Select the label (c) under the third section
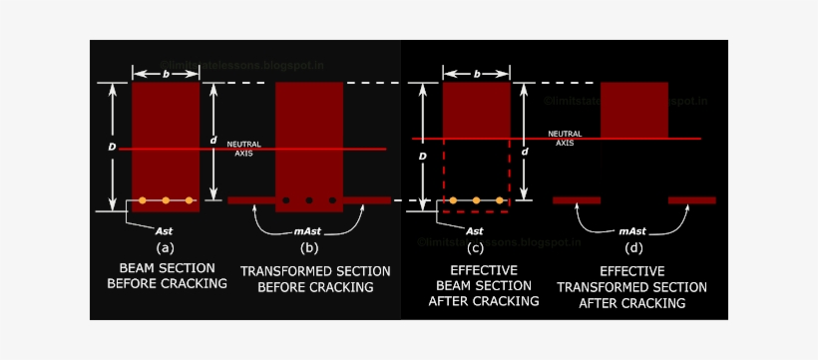pyautogui.click(x=475, y=247)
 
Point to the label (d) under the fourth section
pyautogui.click(x=633, y=247)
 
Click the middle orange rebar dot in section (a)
pyautogui.click(x=166, y=200)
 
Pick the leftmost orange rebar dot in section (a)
pyautogui.click(x=143, y=200)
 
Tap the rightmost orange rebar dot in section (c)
pyautogui.click(x=499, y=200)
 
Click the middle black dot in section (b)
pyautogui.click(x=309, y=200)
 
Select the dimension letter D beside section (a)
pyautogui.click(x=112, y=147)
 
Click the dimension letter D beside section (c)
pyautogui.click(x=424, y=157)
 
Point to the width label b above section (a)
pyautogui.click(x=166, y=73)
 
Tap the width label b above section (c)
pyautogui.click(x=476, y=73)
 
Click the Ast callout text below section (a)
pyautogui.click(x=151, y=230)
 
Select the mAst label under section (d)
pyautogui.click(x=634, y=230)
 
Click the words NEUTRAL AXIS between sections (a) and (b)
pyautogui.click(x=244, y=149)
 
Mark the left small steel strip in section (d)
pyautogui.click(x=577, y=200)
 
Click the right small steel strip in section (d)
pyautogui.click(x=692, y=200)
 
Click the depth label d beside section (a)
pyautogui.click(x=213, y=141)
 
